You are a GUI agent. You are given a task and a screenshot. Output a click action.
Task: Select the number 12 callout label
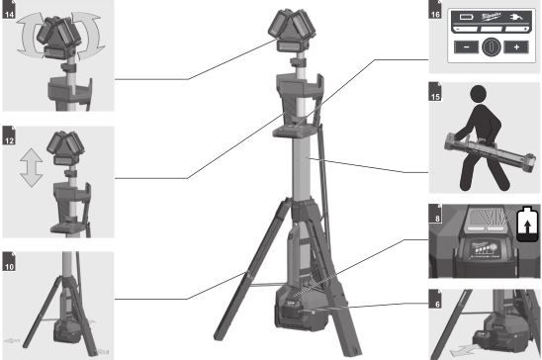coord(8,131)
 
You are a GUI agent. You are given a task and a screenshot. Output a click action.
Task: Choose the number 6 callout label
coord(434,297)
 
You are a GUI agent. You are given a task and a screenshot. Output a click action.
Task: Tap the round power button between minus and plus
coord(485,45)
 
